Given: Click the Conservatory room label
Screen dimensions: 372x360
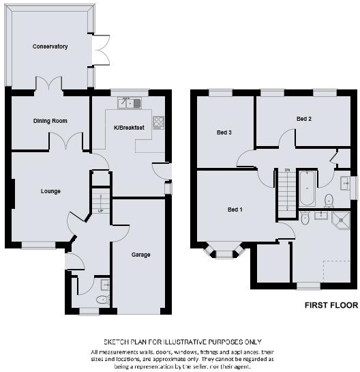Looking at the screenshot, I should click(50, 46).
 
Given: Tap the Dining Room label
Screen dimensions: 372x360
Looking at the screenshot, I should click(50, 121).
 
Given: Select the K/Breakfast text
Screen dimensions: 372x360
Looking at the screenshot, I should click(129, 128).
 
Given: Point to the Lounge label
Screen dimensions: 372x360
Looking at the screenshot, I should click(50, 191).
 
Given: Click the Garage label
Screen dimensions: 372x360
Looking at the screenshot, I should click(141, 254).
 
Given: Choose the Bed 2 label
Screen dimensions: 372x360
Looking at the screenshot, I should click(304, 119).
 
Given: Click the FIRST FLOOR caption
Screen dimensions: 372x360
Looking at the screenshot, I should click(331, 306).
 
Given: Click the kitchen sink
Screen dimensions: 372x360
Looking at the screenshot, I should click(128, 103).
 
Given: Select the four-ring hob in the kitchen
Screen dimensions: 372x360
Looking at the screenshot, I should click(158, 122).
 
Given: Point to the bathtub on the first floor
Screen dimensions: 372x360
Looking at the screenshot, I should click(307, 188).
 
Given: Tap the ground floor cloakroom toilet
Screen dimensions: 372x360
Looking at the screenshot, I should click(102, 299).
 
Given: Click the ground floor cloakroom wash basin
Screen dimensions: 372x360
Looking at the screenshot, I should click(104, 284).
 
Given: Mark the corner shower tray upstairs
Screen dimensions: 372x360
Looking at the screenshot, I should click(339, 218).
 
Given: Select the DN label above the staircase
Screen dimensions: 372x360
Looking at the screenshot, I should click(287, 170).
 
